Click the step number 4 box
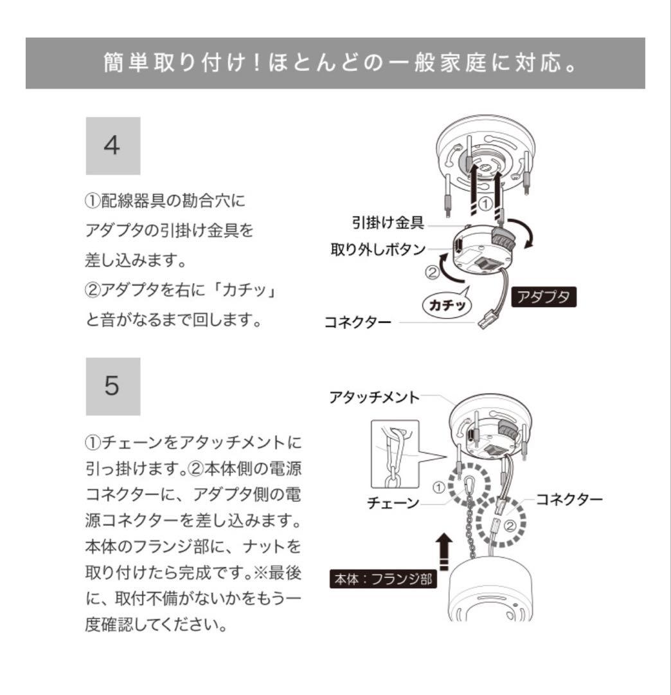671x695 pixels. (x=113, y=146)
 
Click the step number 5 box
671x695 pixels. (x=113, y=387)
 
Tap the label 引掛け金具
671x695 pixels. (x=387, y=223)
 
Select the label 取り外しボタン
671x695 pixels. (x=378, y=249)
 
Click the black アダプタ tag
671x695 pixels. (x=544, y=297)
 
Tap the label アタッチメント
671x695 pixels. (x=373, y=397)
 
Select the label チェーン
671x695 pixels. (x=393, y=504)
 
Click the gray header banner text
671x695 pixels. (x=335, y=64)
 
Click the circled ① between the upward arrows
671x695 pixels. (x=487, y=201)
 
